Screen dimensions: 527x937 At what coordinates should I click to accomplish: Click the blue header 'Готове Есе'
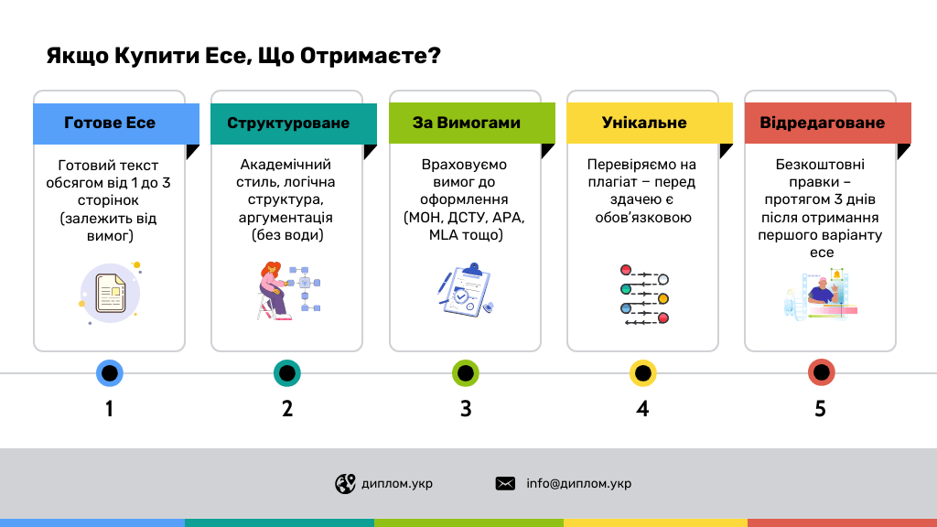coord(110,124)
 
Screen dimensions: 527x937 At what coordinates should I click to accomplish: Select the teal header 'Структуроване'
coord(288,124)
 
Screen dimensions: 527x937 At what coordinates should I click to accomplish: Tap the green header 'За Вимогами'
coord(466,124)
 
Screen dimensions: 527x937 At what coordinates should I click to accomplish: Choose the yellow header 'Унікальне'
coord(644,124)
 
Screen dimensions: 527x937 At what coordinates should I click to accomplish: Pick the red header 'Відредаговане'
coord(822,124)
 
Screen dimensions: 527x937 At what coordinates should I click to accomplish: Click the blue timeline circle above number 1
coord(110,373)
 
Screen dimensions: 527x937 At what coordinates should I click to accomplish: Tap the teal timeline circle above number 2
coord(287,373)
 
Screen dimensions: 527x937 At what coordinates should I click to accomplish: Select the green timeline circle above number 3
coord(466,373)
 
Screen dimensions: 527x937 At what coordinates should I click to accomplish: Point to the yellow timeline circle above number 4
coord(643,373)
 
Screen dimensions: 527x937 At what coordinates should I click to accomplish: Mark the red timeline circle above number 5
coord(821,373)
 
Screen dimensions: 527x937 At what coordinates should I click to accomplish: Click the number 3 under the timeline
coord(466,409)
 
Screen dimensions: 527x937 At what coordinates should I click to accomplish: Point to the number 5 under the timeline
coord(821,409)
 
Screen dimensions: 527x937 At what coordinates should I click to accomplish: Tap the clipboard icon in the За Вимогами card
coord(466,291)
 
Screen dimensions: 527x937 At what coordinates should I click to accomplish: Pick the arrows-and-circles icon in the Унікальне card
coord(644,295)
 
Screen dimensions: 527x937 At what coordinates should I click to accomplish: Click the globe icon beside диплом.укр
coord(345,484)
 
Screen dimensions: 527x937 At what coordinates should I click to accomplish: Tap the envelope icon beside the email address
coord(505,484)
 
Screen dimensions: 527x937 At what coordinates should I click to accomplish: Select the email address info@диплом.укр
coord(578,484)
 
